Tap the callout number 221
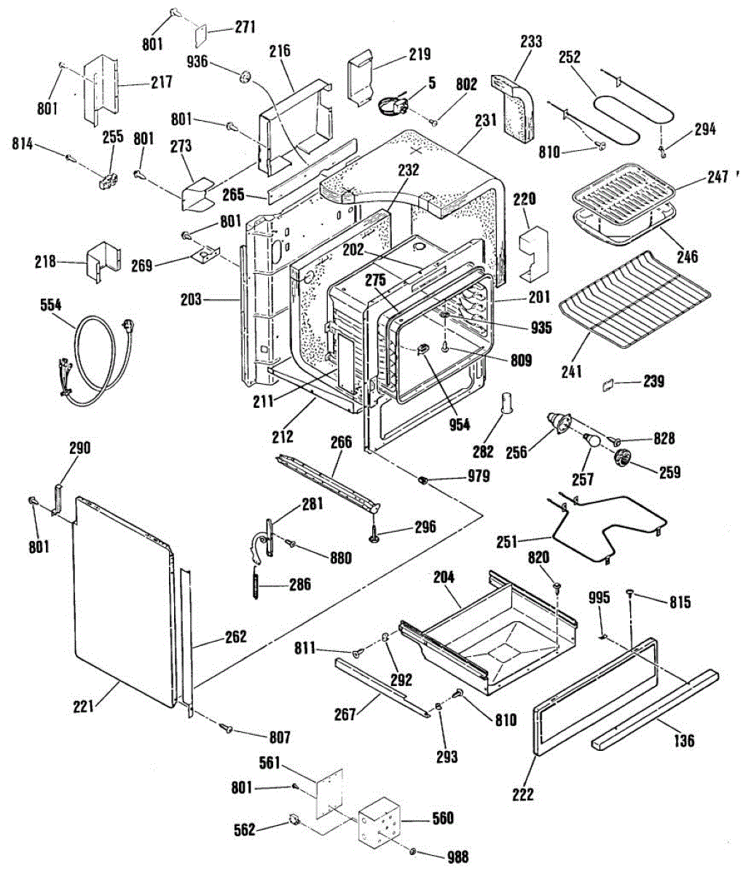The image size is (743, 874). pos(84,705)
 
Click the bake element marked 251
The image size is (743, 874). pos(608,524)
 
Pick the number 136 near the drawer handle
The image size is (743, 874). pos(683,741)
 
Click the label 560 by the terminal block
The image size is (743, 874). pos(442,818)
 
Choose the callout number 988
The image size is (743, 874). pos(457,857)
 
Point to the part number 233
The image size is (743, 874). pos(531,42)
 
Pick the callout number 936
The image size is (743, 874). pos(197,63)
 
